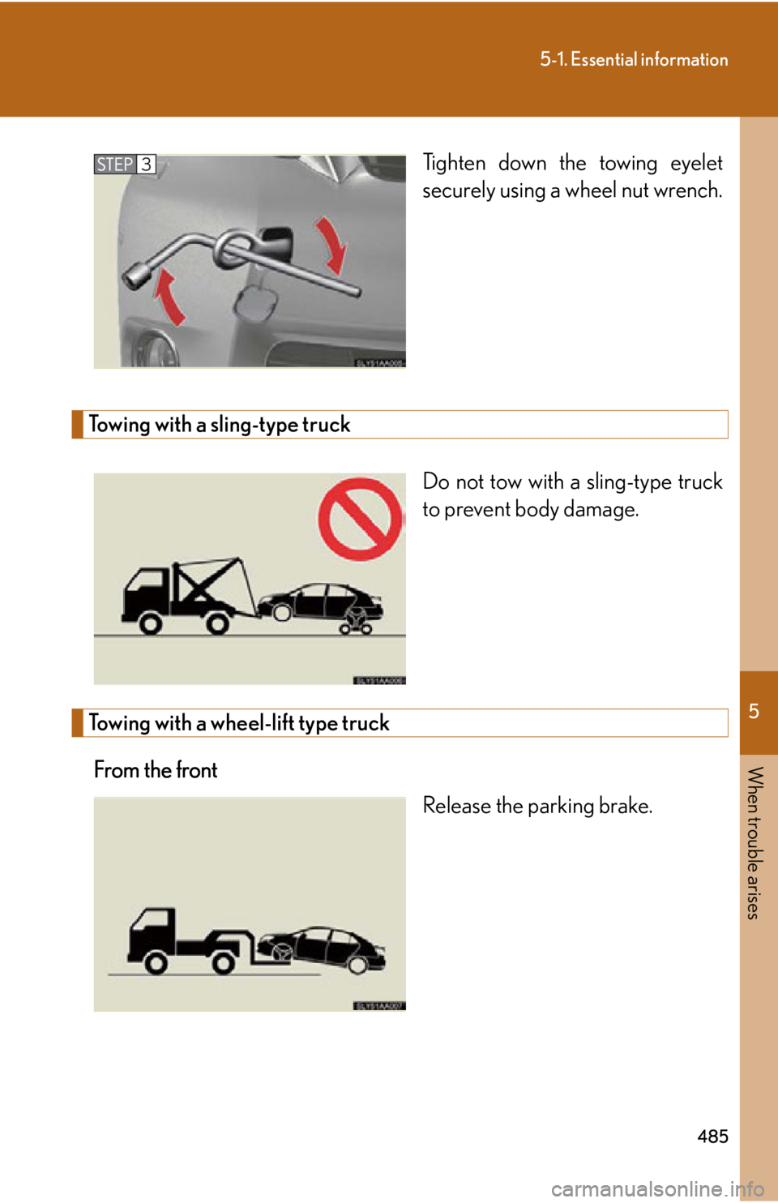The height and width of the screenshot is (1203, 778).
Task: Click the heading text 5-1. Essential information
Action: (x=634, y=59)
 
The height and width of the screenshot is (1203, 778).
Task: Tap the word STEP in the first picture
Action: (x=114, y=165)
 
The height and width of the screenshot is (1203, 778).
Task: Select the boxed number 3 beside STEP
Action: (x=146, y=165)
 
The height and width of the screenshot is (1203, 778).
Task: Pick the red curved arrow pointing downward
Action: (x=332, y=243)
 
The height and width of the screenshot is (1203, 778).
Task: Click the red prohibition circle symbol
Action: (x=360, y=519)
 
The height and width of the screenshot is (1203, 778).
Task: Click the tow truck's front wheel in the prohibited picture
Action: (x=150, y=623)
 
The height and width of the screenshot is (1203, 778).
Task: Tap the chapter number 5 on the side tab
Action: (x=754, y=712)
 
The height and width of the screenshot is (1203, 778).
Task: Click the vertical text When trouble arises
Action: (x=754, y=843)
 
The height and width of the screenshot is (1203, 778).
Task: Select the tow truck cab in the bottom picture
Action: (x=152, y=929)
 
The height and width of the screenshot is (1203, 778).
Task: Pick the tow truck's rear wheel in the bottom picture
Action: (x=223, y=963)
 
